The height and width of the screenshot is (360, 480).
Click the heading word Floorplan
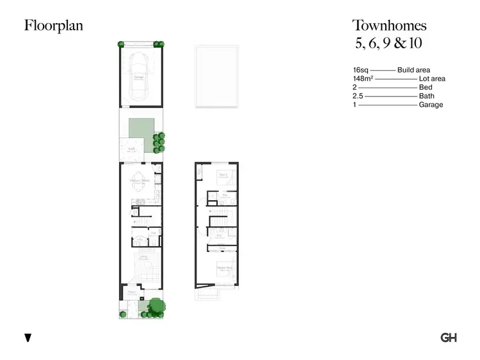(x=54, y=26)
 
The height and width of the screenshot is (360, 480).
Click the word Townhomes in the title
(x=389, y=26)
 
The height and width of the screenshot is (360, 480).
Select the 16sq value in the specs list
(x=360, y=70)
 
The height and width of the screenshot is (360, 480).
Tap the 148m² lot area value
(x=362, y=79)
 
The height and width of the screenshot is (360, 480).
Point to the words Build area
(x=413, y=70)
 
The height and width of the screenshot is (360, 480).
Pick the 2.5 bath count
(x=358, y=96)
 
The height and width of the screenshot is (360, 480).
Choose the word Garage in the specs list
(x=431, y=105)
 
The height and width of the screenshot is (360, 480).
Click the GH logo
(x=448, y=338)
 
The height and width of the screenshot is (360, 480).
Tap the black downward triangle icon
(x=28, y=338)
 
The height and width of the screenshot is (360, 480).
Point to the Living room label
(x=144, y=256)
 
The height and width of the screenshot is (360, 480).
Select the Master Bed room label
(x=223, y=267)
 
